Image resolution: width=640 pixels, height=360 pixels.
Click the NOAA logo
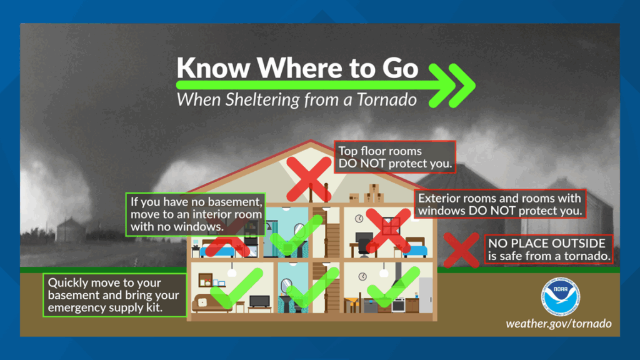pyautogui.click(x=561, y=297)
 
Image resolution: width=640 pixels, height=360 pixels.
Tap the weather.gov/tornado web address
pyautogui.click(x=559, y=324)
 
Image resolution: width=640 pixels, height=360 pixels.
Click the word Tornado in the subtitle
pyautogui.click(x=386, y=99)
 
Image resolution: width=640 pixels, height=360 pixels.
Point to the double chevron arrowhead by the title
pyautogui.click(x=452, y=85)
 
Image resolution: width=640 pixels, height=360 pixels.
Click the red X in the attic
pyautogui.click(x=309, y=179)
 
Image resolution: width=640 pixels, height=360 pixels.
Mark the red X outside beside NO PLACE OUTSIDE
pyautogui.click(x=461, y=250)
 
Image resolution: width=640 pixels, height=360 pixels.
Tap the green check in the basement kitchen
pyautogui.click(x=394, y=287)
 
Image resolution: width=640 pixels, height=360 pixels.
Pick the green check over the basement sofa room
pyautogui.click(x=237, y=288)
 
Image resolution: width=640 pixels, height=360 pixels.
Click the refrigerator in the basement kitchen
pyautogui.click(x=425, y=295)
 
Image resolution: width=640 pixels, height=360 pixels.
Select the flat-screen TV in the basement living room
pyautogui.click(x=259, y=302)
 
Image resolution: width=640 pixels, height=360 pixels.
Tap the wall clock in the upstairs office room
pyautogui.click(x=359, y=218)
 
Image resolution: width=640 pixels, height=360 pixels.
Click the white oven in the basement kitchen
pyautogui.click(x=398, y=305)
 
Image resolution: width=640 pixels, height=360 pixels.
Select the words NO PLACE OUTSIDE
pyautogui.click(x=547, y=243)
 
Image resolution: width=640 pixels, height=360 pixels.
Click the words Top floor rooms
pyautogui.click(x=380, y=151)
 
